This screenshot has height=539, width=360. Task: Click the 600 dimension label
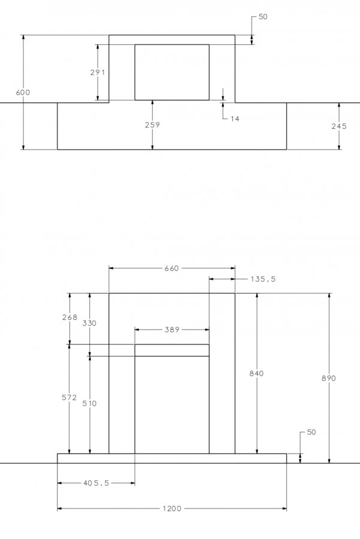(x=23, y=92)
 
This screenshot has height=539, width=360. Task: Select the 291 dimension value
(x=97, y=72)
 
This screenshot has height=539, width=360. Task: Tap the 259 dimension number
(x=152, y=125)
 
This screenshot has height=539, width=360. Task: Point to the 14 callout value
(x=235, y=119)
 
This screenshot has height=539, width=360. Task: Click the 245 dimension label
(x=339, y=126)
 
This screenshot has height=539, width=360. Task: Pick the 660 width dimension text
(x=171, y=268)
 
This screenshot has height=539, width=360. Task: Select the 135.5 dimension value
(x=263, y=279)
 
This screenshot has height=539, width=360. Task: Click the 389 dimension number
(x=172, y=329)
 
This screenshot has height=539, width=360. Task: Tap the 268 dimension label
(x=70, y=317)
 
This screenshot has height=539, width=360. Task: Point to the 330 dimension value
(x=89, y=323)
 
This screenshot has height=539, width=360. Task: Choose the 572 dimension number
(x=69, y=398)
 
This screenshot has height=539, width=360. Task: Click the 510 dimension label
(x=89, y=403)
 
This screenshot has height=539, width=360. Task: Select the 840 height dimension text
(x=256, y=373)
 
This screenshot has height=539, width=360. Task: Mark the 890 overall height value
(x=329, y=378)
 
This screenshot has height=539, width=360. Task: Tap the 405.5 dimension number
(x=96, y=483)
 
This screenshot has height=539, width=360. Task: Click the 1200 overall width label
(x=172, y=508)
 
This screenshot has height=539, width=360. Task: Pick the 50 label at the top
(x=263, y=17)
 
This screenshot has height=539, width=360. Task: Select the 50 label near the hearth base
(x=311, y=432)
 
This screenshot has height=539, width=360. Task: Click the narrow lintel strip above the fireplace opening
(x=172, y=350)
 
